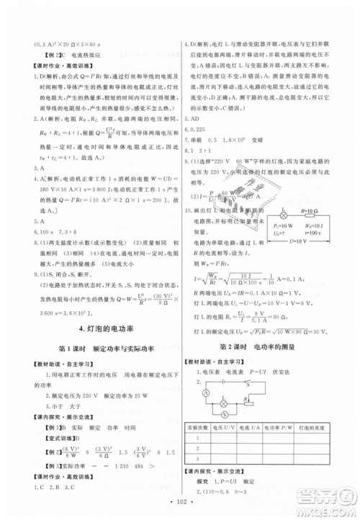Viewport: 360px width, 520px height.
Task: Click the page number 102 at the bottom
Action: (x=179, y=501)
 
